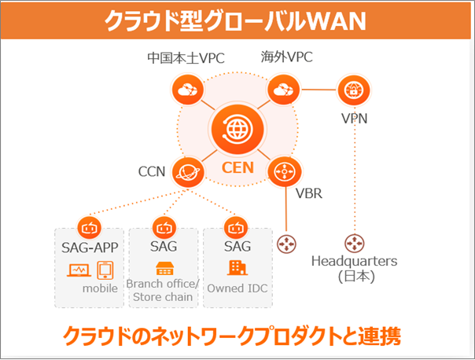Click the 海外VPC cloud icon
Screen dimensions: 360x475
point(280,90)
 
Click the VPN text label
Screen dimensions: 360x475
point(354,119)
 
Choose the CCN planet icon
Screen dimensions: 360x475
point(188,171)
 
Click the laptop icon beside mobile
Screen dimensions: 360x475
point(79,270)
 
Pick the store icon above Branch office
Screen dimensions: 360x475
point(164,268)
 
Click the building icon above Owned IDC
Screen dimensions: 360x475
point(236,268)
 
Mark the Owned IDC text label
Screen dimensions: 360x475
point(237,288)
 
